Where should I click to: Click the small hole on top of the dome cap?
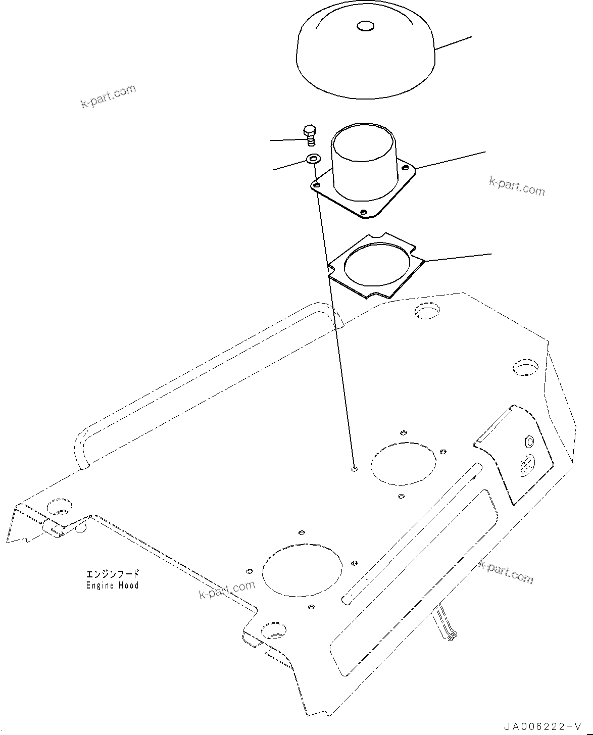365,26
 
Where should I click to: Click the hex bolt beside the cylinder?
310,135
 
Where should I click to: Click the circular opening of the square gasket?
377,265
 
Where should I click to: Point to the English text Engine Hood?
112,585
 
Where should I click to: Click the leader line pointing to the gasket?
458,258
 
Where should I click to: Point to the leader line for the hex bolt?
287,140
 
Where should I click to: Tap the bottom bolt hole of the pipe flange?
364,212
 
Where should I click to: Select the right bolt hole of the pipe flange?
405,168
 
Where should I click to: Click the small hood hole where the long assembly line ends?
355,470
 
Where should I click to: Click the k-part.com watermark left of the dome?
108,96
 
